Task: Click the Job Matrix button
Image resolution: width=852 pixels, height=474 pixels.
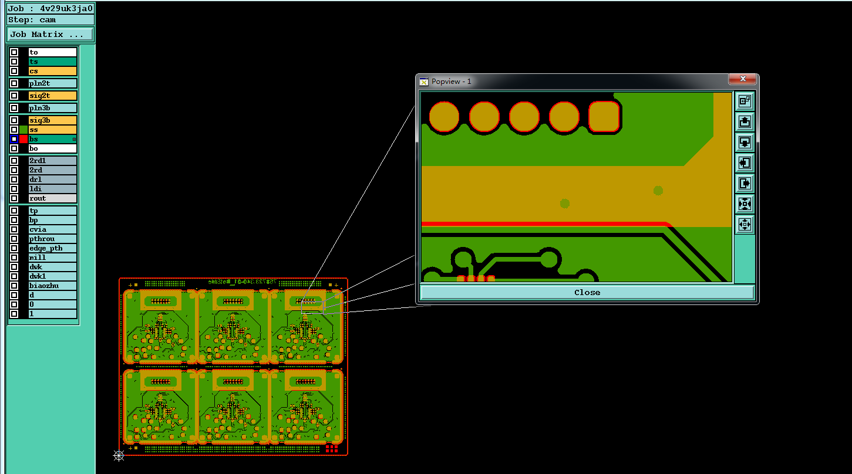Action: coord(50,34)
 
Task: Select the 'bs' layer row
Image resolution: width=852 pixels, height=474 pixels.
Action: coord(52,139)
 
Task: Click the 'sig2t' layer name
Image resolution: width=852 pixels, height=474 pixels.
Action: coord(52,96)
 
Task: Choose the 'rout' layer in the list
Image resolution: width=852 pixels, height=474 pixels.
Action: coord(52,198)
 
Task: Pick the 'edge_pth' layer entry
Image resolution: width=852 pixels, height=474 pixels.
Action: coord(52,248)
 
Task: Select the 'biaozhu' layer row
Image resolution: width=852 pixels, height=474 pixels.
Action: coord(52,286)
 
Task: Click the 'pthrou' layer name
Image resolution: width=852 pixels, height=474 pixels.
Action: coord(52,239)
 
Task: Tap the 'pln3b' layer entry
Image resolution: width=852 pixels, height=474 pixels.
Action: coord(52,108)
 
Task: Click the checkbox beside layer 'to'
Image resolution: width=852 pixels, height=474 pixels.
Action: coord(14,52)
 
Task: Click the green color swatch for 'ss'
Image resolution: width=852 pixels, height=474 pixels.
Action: coord(23,130)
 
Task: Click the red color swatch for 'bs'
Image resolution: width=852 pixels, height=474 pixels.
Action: coord(23,139)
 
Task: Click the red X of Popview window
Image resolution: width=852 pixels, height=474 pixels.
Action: coord(743,79)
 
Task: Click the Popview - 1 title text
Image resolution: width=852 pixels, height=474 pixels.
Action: coord(451,82)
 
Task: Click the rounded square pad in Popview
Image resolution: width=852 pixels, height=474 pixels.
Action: coord(604,117)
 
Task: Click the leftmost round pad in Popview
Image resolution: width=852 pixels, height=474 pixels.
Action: coord(444,117)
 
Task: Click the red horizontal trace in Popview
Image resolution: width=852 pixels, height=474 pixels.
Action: coord(543,224)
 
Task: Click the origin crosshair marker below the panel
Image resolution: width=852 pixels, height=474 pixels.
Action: coord(119,455)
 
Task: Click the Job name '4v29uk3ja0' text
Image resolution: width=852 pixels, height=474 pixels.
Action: coord(66,9)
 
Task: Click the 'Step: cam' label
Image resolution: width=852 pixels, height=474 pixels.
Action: coord(32,19)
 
